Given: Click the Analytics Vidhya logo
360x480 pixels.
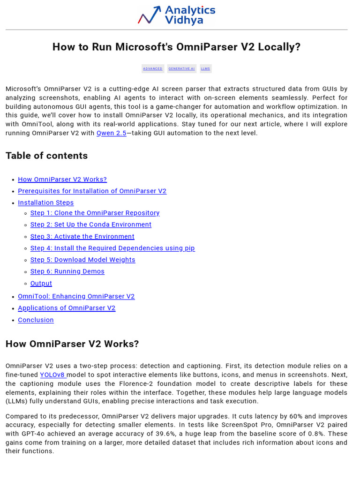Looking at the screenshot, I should pos(177,15).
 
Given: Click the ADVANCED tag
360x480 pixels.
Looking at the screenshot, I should pos(153,68).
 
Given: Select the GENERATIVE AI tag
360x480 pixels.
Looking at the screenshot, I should pos(181,68).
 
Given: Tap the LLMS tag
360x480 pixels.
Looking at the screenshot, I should pos(205,68).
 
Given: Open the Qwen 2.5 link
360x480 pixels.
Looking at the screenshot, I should pos(111,133).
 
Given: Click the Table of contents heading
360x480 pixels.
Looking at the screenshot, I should pos(46,156).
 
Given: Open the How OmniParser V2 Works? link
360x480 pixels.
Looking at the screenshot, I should pos(62,180).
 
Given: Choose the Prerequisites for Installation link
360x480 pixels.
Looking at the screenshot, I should pos(92,191).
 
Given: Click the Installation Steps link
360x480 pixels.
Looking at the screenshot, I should pos(45,203).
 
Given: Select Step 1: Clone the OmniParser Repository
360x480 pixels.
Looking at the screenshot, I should pos(95,213).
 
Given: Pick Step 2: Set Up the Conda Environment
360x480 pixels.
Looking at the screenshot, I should pos(91,225).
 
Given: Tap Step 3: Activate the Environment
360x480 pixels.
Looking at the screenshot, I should pos(82,237).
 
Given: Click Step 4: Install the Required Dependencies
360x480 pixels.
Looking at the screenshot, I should pos(112,248).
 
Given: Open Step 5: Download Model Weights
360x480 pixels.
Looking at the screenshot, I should pos(82,260).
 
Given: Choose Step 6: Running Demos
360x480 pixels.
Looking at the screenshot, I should pos(67,272).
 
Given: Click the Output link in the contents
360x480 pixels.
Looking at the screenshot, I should pos(41,284).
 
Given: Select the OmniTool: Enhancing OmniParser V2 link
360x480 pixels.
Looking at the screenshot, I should pos(76,297).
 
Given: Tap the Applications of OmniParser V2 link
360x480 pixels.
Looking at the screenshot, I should pos(67,308).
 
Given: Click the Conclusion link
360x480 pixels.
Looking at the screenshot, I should pos(36,320).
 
